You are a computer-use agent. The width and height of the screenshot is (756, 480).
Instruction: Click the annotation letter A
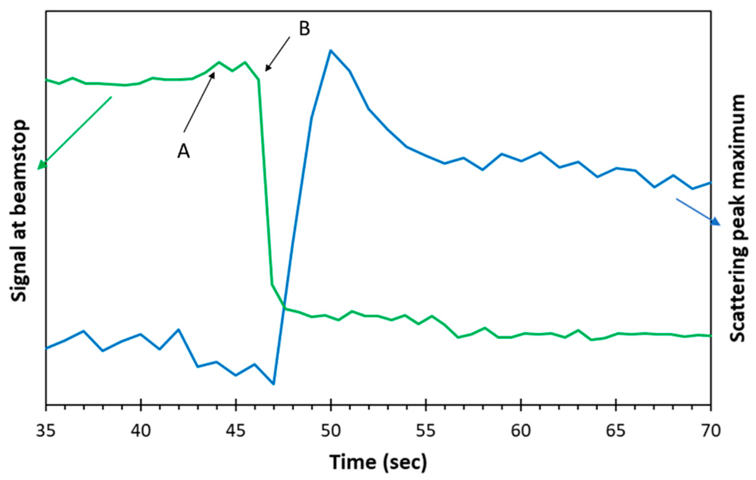(x=184, y=151)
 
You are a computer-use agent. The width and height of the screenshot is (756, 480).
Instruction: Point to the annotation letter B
(x=305, y=29)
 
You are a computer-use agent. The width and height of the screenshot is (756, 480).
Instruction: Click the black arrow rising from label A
(x=199, y=102)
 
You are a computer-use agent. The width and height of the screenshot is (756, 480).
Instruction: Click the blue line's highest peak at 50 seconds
(x=331, y=50)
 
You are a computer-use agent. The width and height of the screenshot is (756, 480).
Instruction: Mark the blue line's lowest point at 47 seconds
(x=273, y=384)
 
